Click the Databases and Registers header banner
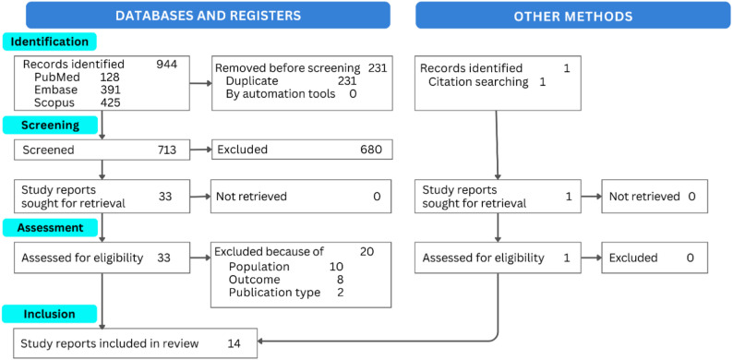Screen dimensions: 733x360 point(208,15)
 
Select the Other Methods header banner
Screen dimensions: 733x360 point(573,15)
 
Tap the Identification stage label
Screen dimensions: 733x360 point(50,42)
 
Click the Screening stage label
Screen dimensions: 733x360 point(50,126)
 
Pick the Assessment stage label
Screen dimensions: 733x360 point(50,228)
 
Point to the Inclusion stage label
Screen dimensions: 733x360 point(50,314)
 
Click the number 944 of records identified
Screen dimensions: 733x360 point(167,65)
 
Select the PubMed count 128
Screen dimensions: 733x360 point(110,78)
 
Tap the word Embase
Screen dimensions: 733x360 point(55,90)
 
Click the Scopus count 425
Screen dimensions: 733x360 point(111,102)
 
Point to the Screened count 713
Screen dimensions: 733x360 point(167,150)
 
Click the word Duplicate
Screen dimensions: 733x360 point(252,81)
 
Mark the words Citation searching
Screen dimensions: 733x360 point(478,82)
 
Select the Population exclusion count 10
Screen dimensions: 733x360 point(336,267)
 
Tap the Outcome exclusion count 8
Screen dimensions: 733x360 point(340,280)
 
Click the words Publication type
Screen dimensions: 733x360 point(274,293)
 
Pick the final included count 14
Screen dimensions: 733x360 point(234,343)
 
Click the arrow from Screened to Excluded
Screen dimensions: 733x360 point(201,150)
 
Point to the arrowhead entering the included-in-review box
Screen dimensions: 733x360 point(260,342)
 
